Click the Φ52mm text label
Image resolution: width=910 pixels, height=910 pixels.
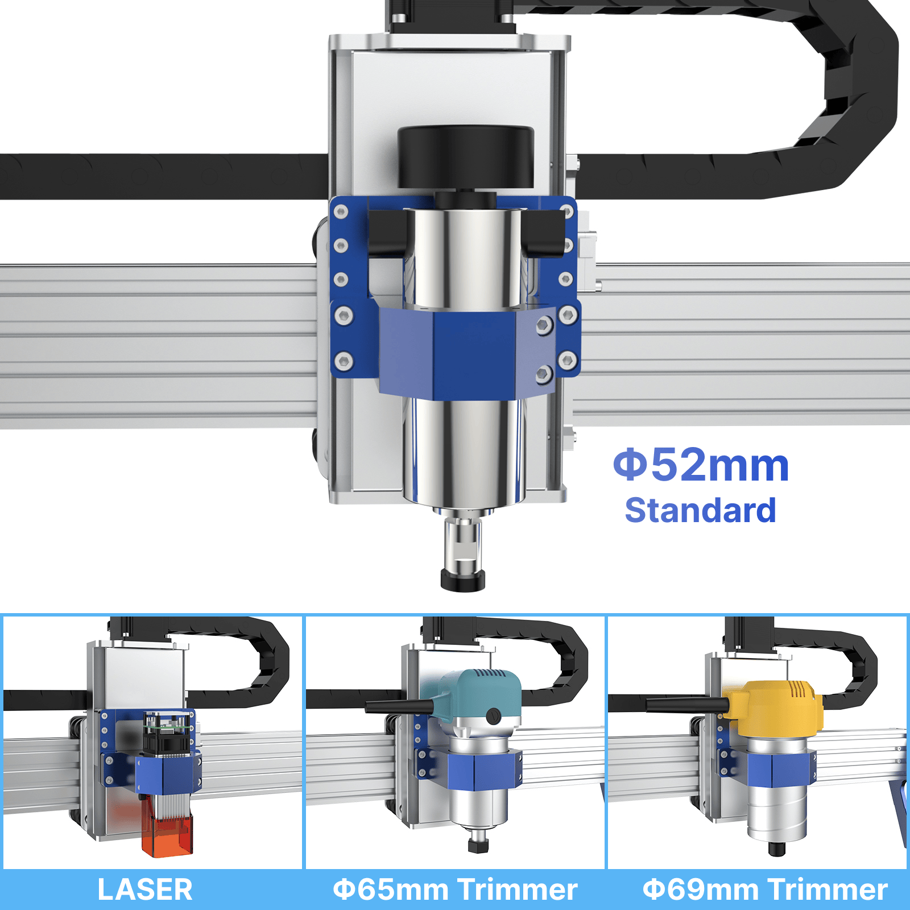(x=701, y=465)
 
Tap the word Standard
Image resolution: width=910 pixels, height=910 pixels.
(x=700, y=510)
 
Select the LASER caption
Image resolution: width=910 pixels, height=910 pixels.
(x=145, y=890)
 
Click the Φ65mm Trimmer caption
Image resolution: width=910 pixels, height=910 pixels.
(x=455, y=890)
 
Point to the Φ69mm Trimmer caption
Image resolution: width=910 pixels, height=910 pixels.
(x=765, y=890)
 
